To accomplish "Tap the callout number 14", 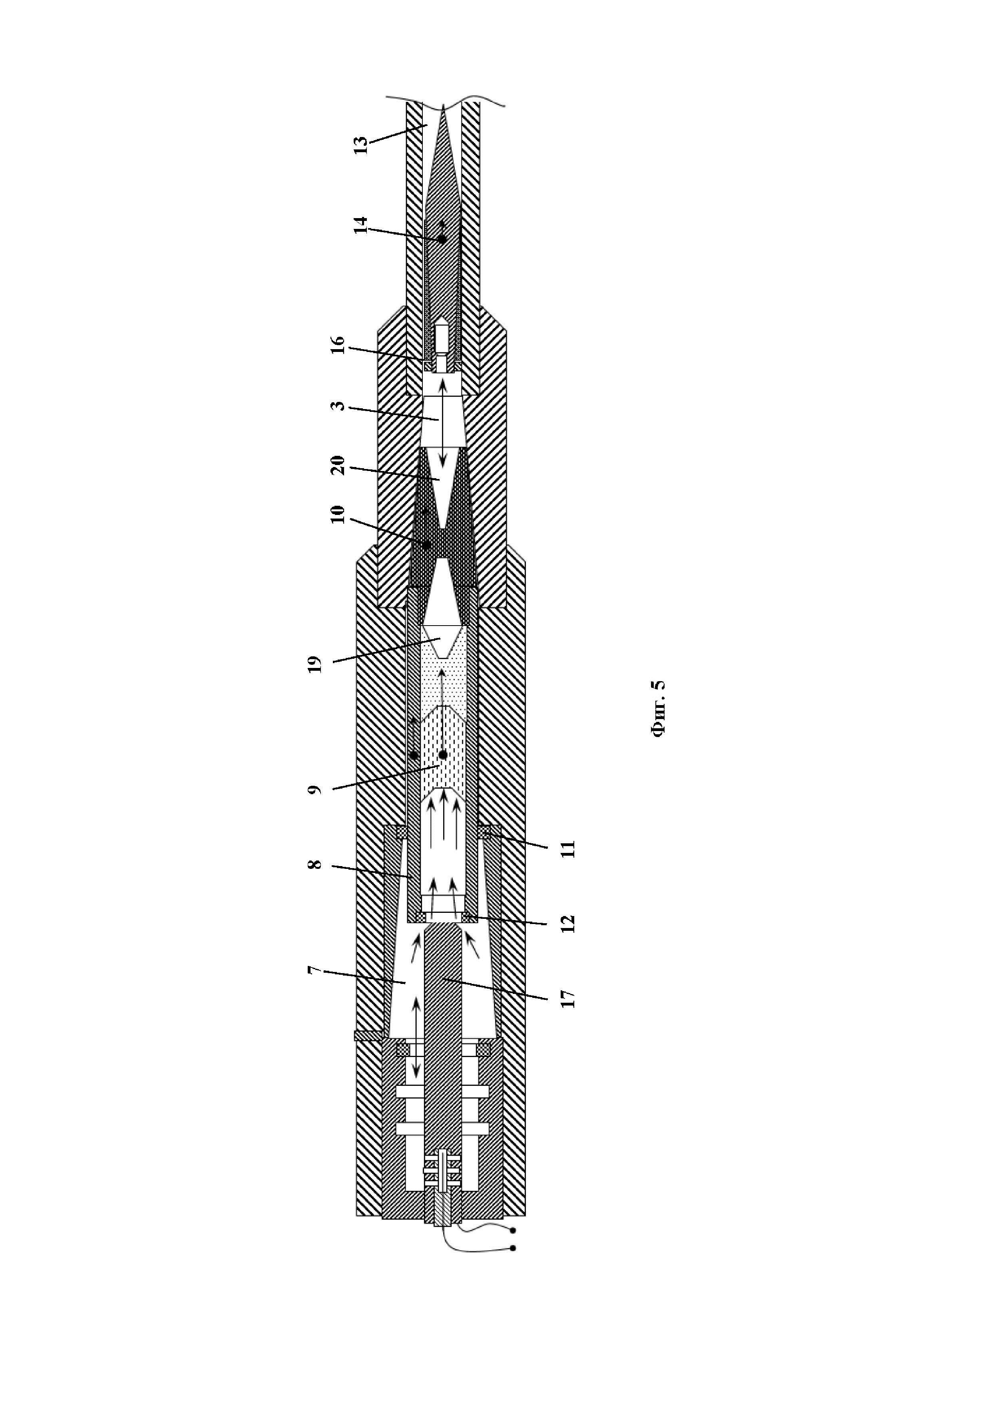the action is click(361, 225).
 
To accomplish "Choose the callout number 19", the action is click(314, 663).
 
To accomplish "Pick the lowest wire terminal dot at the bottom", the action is click(513, 1248).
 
